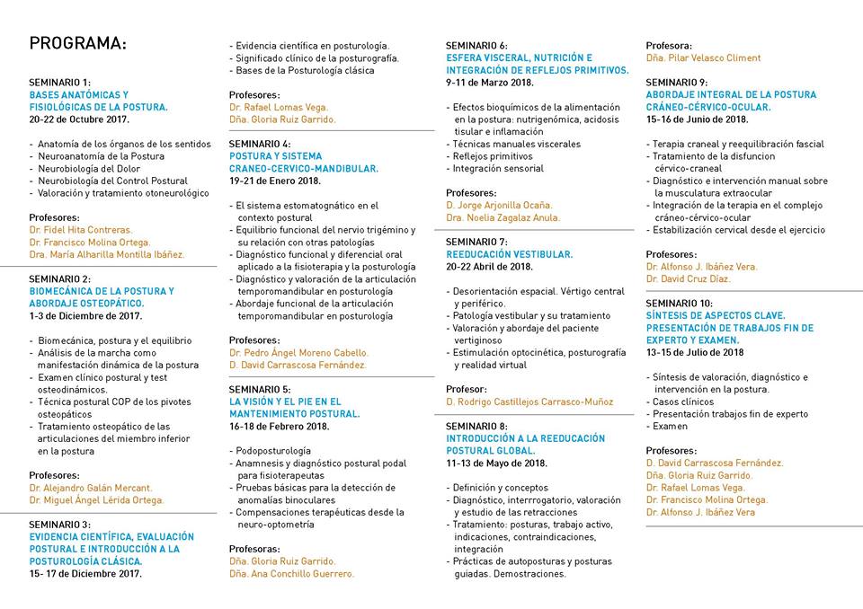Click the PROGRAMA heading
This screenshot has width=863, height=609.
(78, 43)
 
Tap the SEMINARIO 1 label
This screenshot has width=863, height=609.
(59, 82)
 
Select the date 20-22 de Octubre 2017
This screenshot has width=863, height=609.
(79, 119)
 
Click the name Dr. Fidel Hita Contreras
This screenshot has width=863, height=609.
(81, 230)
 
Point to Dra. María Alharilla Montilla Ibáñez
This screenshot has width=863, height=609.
(107, 254)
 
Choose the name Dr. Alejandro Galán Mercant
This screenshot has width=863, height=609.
(90, 488)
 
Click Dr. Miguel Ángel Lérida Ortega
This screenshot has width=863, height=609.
(96, 500)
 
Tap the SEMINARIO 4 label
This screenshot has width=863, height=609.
(260, 144)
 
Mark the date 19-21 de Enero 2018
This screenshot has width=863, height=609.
(275, 181)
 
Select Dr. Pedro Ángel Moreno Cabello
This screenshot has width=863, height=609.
(298, 353)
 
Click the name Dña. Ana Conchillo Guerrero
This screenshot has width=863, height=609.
(292, 573)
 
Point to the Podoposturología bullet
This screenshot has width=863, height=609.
(273, 451)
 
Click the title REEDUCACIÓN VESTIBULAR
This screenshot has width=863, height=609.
(509, 254)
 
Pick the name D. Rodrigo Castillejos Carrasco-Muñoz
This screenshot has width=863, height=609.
(529, 402)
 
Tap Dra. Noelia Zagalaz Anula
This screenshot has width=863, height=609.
(503, 217)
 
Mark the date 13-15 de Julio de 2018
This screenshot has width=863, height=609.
(695, 352)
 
